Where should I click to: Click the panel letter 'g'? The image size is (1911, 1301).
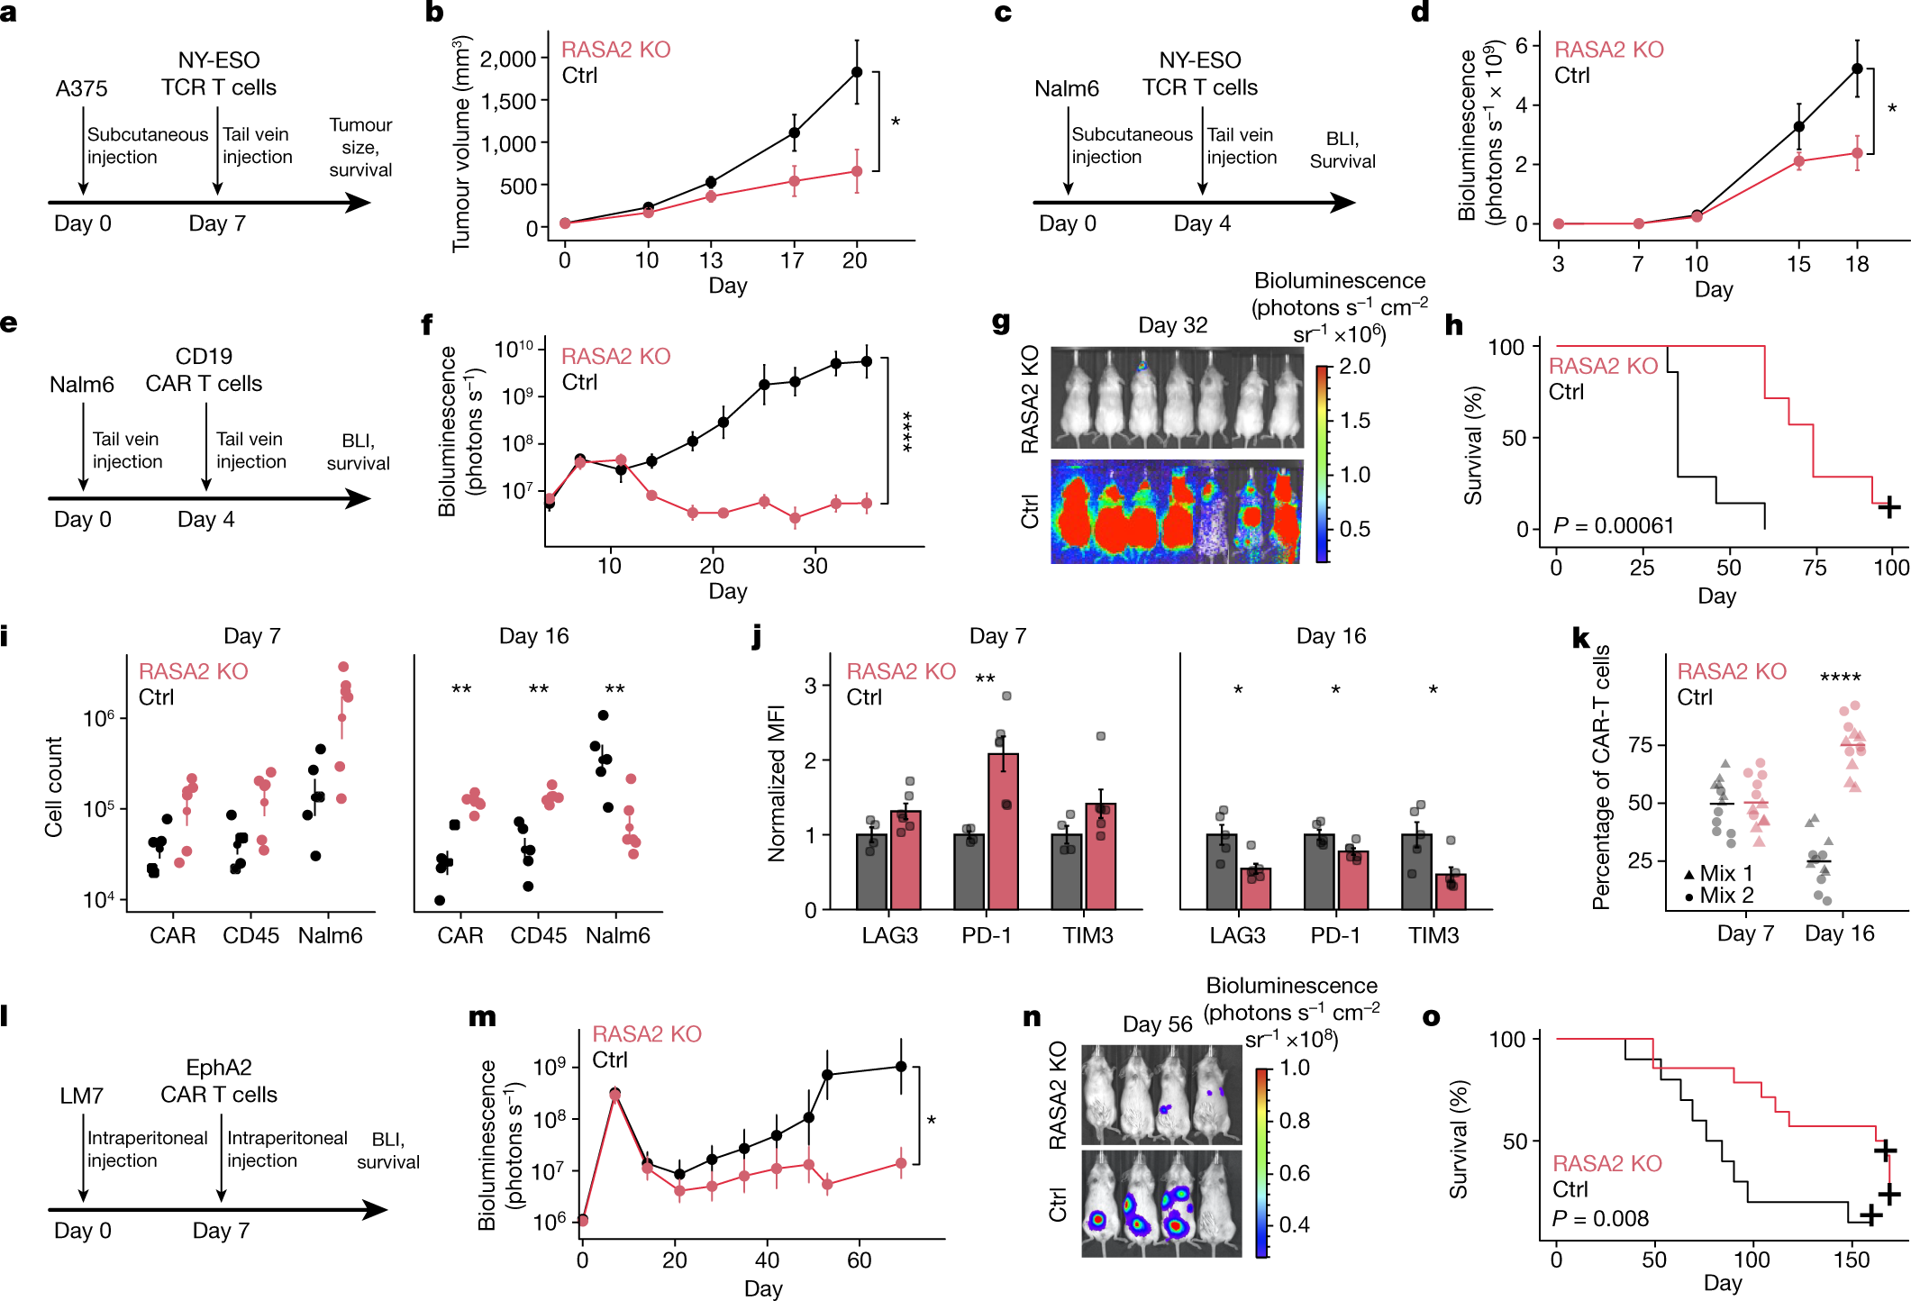(x=1000, y=323)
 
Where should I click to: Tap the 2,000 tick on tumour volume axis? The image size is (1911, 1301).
(x=508, y=59)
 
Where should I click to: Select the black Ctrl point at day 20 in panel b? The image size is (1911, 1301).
(x=857, y=72)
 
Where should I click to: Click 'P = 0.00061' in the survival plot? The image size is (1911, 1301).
(x=1614, y=525)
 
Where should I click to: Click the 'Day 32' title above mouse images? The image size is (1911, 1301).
(x=1172, y=325)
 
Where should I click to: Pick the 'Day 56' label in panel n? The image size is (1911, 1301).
(x=1157, y=1024)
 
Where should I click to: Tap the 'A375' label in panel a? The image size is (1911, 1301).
(x=81, y=88)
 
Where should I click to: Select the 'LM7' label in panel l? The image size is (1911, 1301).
(x=81, y=1096)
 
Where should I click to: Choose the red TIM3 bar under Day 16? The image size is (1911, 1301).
(x=1451, y=891)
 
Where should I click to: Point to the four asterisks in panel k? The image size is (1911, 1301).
(x=1840, y=678)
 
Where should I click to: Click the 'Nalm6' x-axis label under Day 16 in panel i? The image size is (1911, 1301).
(x=617, y=935)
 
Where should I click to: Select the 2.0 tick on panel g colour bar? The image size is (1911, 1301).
(x=1354, y=367)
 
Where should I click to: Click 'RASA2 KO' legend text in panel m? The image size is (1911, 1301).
(x=646, y=1033)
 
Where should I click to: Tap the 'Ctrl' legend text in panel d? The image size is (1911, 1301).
(x=1571, y=76)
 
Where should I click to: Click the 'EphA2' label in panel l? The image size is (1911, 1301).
(x=218, y=1068)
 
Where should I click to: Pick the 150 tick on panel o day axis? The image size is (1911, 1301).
(x=1851, y=1260)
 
